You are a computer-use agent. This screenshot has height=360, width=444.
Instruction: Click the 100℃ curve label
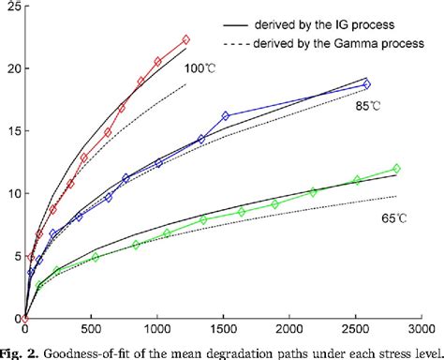[x=199, y=68]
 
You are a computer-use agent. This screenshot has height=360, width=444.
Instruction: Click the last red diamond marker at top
[x=185, y=39]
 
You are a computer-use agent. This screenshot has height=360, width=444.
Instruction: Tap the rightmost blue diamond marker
[x=366, y=84]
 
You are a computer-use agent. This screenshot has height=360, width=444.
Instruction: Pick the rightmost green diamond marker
[x=396, y=169]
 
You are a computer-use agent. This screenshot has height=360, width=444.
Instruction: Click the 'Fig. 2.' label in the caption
[x=22, y=352]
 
